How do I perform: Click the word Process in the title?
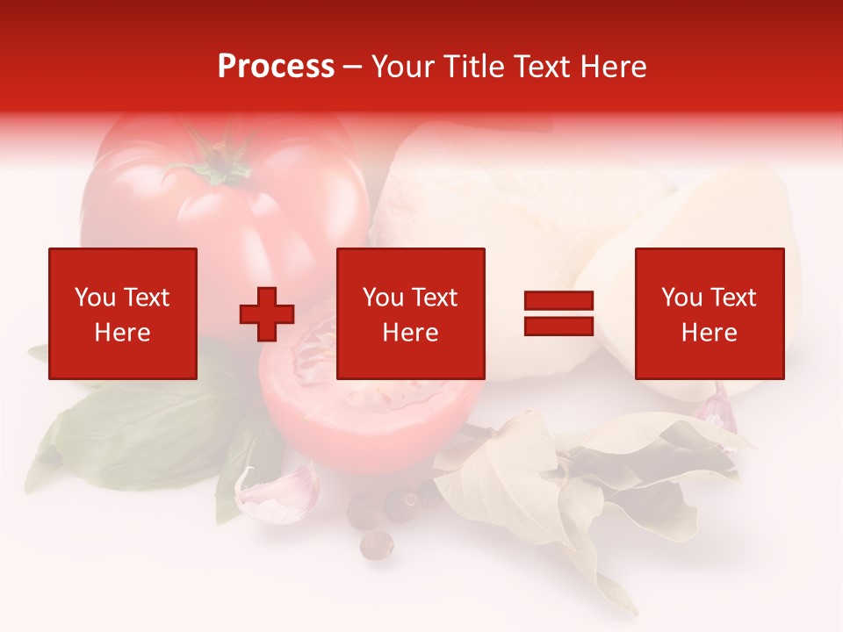[276, 67]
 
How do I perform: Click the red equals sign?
[558, 314]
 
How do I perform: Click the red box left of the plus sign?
[122, 313]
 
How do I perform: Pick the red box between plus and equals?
[410, 313]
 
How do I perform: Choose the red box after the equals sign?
[709, 313]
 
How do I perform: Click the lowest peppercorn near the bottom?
[377, 545]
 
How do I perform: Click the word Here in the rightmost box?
[709, 333]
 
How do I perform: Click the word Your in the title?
[401, 67]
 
